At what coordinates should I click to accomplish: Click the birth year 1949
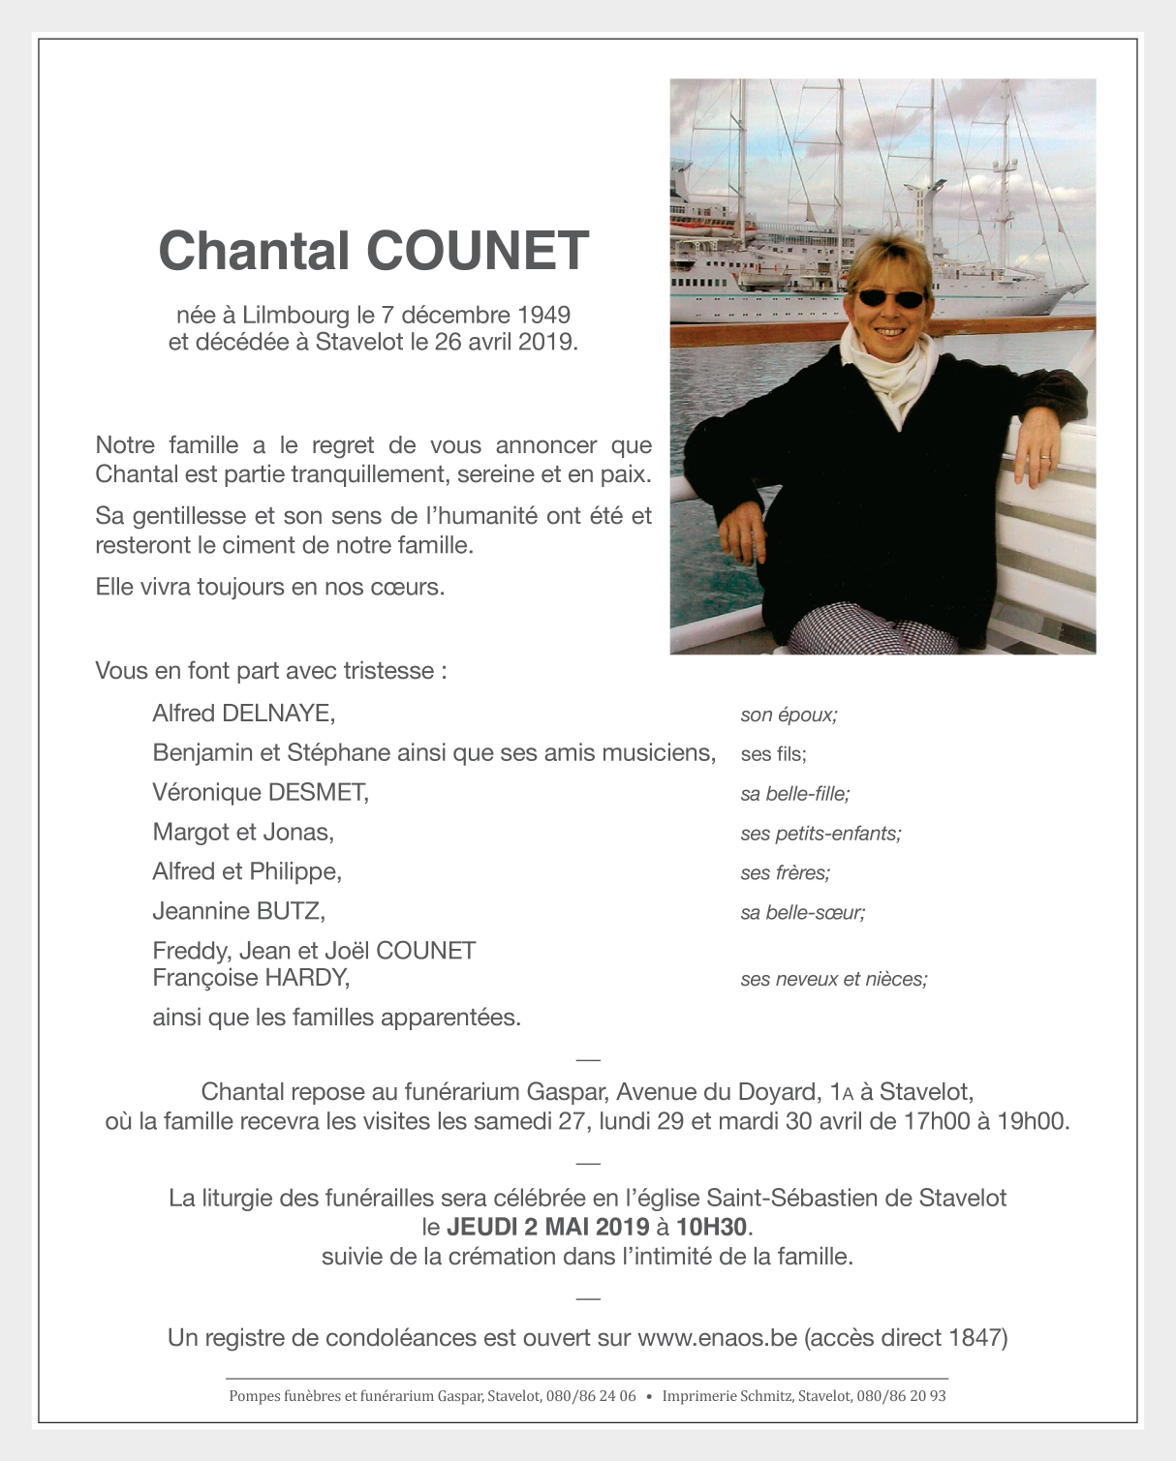pyautogui.click(x=543, y=315)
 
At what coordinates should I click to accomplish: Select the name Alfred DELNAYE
pyautogui.click(x=243, y=714)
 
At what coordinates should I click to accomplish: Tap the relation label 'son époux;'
pyautogui.click(x=789, y=715)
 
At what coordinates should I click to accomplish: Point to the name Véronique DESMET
pyautogui.click(x=261, y=792)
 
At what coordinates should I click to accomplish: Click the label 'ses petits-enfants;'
pyautogui.click(x=820, y=834)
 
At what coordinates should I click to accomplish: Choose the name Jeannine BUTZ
pyautogui.click(x=238, y=911)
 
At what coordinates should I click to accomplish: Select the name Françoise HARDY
pyautogui.click(x=250, y=978)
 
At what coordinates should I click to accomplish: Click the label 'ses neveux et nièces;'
pyautogui.click(x=833, y=979)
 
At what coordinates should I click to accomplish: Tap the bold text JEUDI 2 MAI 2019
pyautogui.click(x=547, y=1227)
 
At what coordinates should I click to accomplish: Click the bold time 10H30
pyautogui.click(x=712, y=1227)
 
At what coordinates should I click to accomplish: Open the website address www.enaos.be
pyautogui.click(x=717, y=1338)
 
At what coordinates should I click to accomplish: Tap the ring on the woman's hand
pyautogui.click(x=1044, y=455)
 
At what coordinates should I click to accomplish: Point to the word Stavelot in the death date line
pyautogui.click(x=358, y=342)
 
